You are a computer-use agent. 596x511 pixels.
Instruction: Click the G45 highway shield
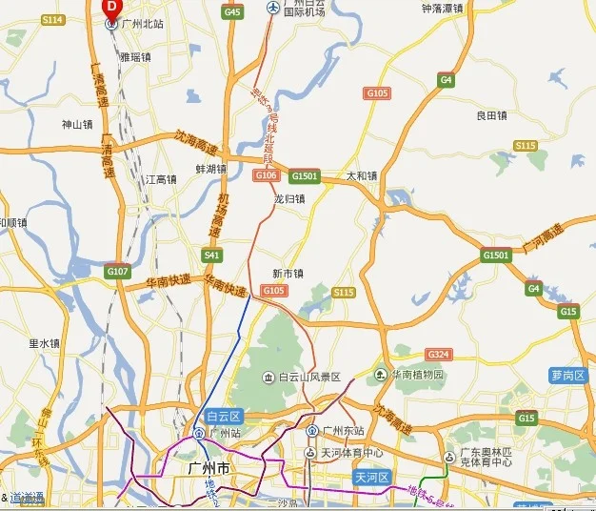pos(231,11)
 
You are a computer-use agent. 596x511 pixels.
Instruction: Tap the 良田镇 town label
pos(492,115)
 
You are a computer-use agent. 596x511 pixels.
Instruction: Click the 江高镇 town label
pos(161,179)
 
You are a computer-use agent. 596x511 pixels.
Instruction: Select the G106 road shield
pos(266,175)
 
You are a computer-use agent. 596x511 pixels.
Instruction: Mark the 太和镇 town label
pos(362,175)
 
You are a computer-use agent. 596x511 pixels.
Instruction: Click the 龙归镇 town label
pos(289,199)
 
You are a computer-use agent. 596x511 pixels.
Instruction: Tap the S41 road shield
pos(211,255)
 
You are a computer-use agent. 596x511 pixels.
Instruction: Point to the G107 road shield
pos(117,272)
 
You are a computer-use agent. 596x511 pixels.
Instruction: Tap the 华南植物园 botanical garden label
pos(412,374)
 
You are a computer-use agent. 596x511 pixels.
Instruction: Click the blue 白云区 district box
pos(225,416)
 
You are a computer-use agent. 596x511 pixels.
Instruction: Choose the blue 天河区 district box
pos(372,476)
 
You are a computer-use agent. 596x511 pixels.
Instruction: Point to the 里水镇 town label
pos(44,343)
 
